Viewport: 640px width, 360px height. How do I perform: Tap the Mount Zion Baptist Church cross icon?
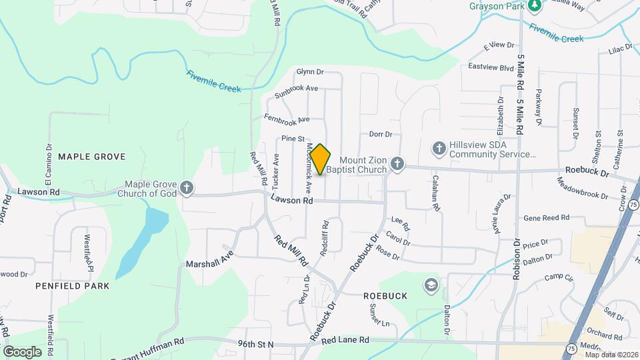(397, 163)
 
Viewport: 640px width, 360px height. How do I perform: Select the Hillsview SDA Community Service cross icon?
(439, 148)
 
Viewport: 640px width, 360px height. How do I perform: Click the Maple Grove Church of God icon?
(187, 188)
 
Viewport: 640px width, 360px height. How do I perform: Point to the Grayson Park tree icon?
(534, 5)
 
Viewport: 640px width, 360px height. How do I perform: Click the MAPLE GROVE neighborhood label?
(91, 157)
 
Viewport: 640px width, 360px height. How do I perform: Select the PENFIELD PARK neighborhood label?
(73, 285)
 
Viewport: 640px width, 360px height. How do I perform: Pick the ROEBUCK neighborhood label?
(385, 295)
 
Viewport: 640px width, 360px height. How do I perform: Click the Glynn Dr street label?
(309, 71)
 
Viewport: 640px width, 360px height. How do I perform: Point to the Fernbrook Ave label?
(287, 119)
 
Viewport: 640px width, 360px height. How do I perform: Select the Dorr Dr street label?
(381, 134)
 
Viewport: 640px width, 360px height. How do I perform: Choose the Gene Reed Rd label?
(546, 217)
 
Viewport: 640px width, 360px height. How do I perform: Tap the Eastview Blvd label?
(491, 67)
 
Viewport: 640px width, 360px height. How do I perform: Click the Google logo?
(22, 351)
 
